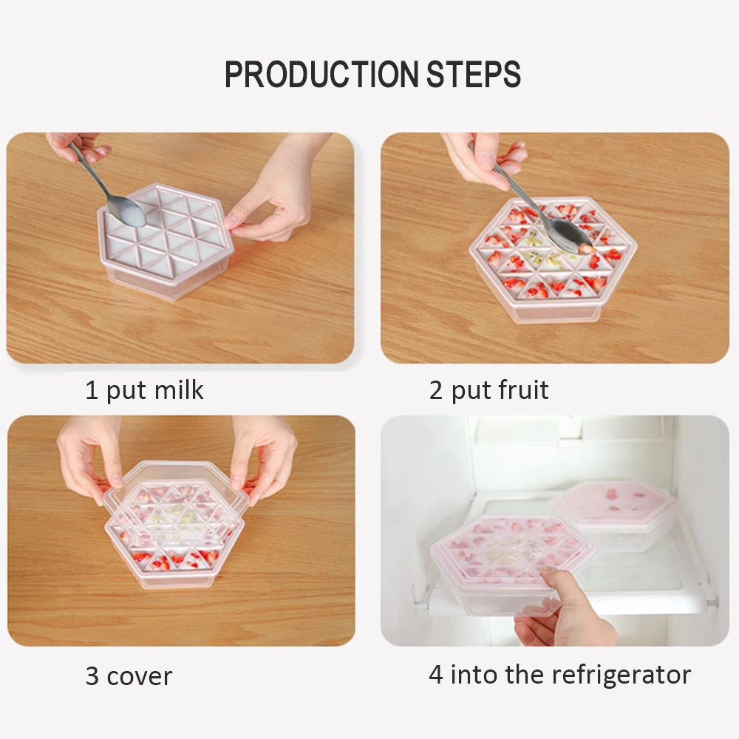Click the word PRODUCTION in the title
(x=321, y=74)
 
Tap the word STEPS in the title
(x=474, y=74)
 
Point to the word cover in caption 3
(x=140, y=677)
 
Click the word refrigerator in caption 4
(x=621, y=675)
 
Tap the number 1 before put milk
(x=92, y=390)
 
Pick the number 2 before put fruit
(x=436, y=390)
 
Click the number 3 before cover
(x=92, y=676)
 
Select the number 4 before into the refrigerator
(x=436, y=675)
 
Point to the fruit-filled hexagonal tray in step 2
(x=553, y=259)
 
